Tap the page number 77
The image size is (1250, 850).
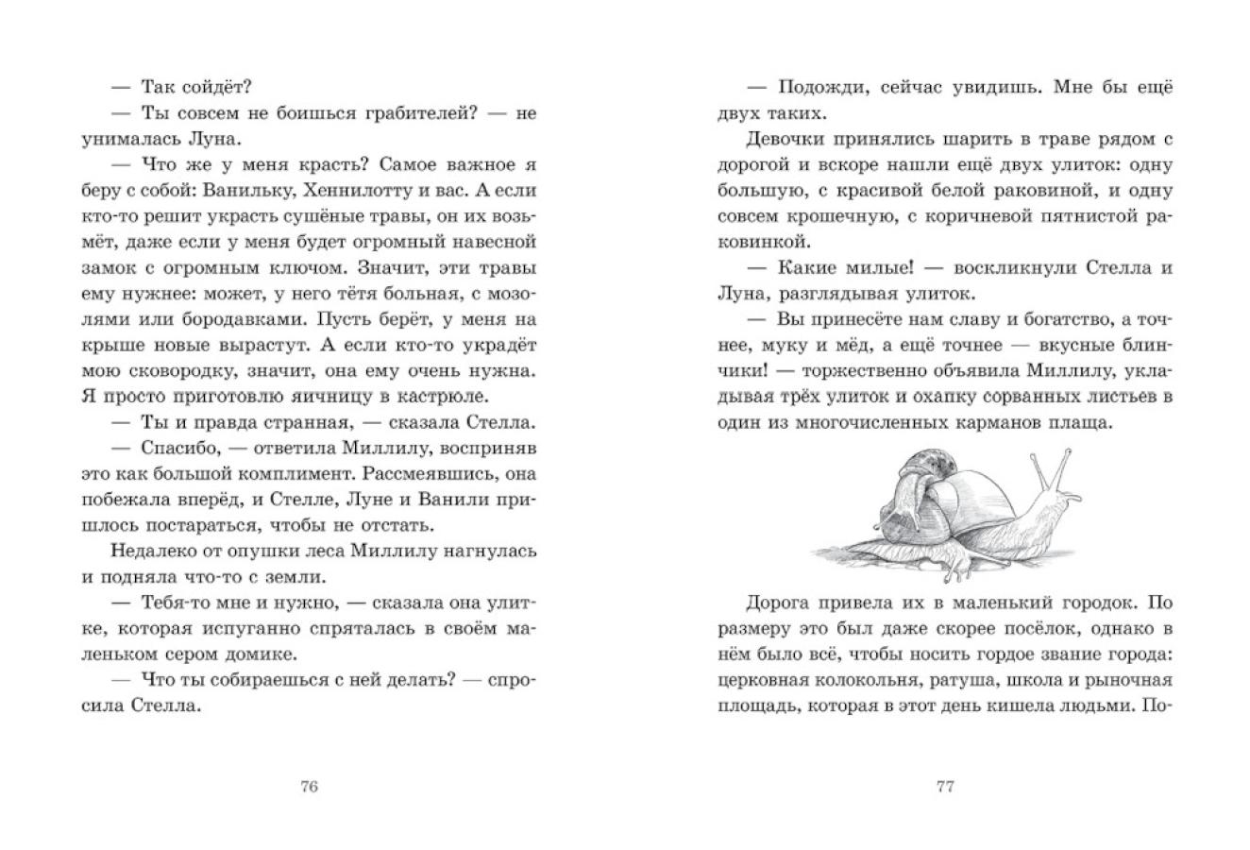coord(945,788)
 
